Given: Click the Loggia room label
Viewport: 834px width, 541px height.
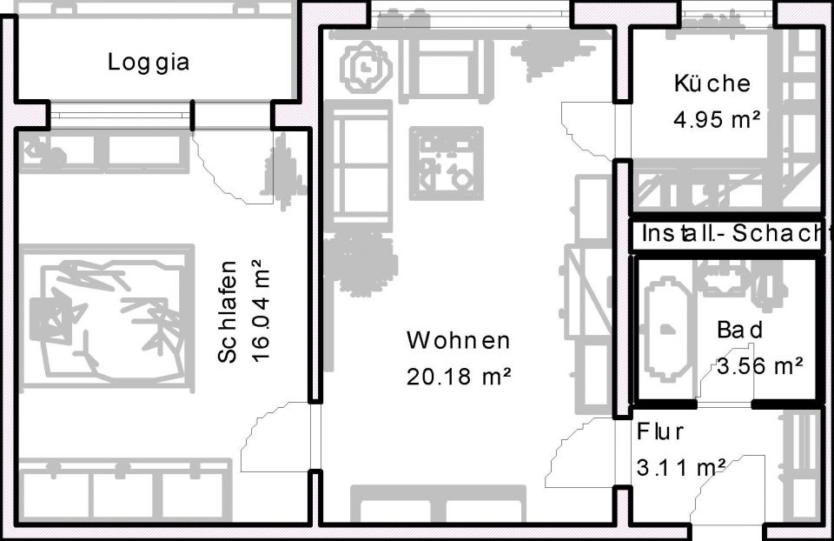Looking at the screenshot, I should pyautogui.click(x=149, y=63).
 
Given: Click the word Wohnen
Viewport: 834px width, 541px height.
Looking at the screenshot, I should pyautogui.click(x=458, y=340).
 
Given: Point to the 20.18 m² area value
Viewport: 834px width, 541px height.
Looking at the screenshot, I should pyautogui.click(x=458, y=377).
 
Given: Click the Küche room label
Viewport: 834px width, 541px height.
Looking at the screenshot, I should pyautogui.click(x=712, y=83).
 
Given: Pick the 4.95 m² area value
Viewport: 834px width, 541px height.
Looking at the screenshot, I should pyautogui.click(x=717, y=120).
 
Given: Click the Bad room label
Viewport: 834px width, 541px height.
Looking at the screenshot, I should pyautogui.click(x=740, y=331).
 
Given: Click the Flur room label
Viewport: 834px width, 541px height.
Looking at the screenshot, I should pyautogui.click(x=661, y=431).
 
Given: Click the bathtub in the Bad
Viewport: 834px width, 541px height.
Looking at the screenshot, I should pyautogui.click(x=667, y=328).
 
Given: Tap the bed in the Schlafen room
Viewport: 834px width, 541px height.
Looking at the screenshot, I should pyautogui.click(x=106, y=316).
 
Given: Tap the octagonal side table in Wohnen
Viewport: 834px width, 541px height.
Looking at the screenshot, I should pyautogui.click(x=365, y=67).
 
